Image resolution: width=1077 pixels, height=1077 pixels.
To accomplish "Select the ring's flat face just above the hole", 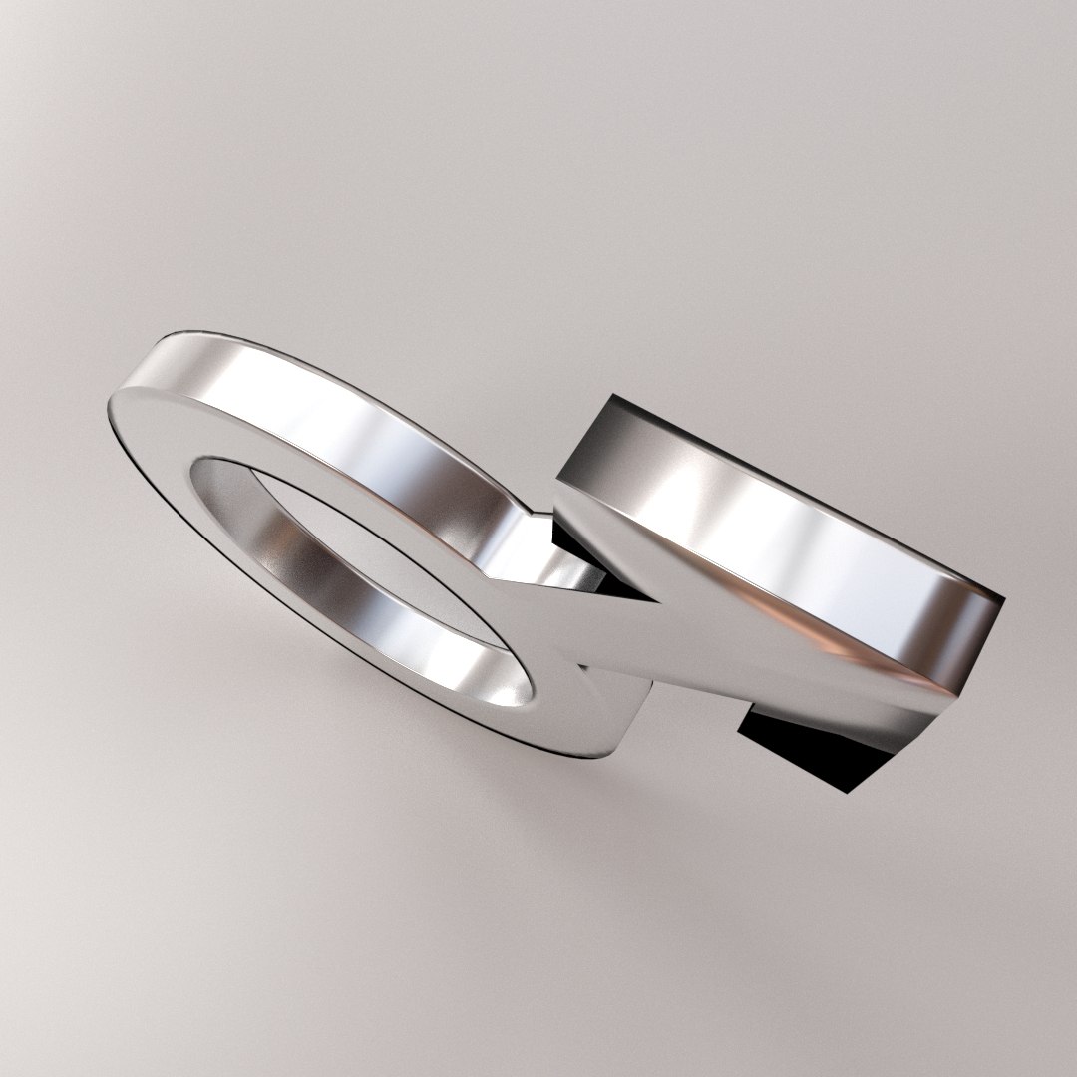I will [249, 439].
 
